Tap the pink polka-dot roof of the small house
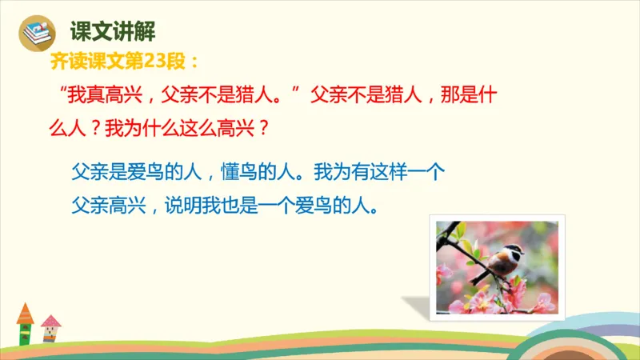click(x=50, y=322)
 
